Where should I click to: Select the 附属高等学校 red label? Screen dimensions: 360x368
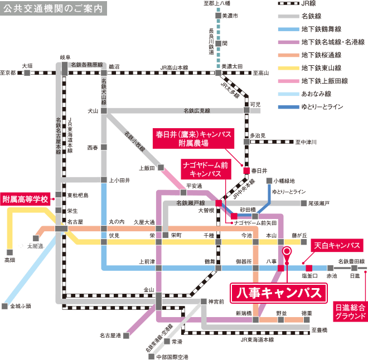26,199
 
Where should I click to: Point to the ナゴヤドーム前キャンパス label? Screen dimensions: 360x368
205,169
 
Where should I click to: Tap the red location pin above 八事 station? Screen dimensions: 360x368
287,252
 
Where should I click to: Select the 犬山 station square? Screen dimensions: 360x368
104,110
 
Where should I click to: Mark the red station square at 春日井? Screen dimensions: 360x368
246,171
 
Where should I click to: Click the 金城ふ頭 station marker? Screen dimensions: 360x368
5,306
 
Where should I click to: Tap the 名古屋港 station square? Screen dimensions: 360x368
127,335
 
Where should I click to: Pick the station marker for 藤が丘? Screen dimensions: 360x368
304,242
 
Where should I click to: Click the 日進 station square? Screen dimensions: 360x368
355,268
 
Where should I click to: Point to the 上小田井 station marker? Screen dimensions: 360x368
104,180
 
